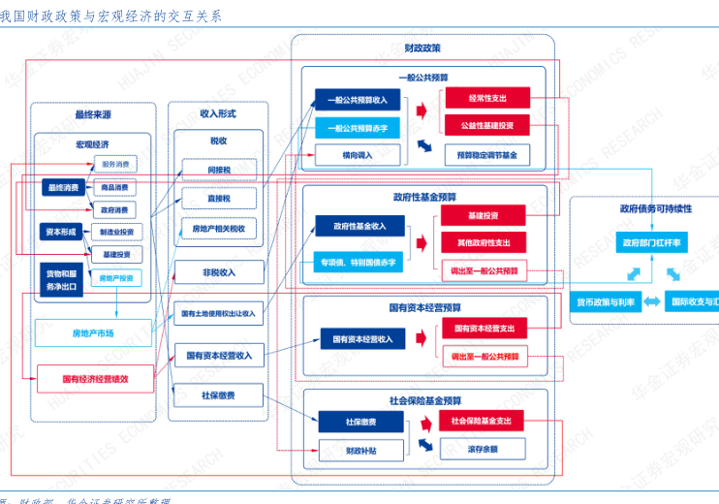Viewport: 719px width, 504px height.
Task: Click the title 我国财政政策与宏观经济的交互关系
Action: pyautogui.click(x=110, y=16)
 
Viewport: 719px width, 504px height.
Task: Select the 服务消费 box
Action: pyautogui.click(x=115, y=165)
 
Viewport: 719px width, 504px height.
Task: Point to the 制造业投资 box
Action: pyautogui.click(x=115, y=232)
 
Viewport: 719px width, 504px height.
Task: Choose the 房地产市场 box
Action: pyautogui.click(x=93, y=332)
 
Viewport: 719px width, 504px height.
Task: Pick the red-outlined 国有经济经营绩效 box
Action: pyautogui.click(x=95, y=378)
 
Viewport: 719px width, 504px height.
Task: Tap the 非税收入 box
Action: pyautogui.click(x=219, y=272)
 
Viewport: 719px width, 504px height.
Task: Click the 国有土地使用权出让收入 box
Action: pyautogui.click(x=219, y=314)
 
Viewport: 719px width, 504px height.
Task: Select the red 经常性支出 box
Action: pyautogui.click(x=486, y=98)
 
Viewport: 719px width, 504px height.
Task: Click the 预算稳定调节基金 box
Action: pyautogui.click(x=486, y=154)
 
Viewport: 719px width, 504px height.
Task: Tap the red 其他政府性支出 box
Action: pyautogui.click(x=483, y=242)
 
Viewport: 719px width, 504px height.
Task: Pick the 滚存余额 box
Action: pyautogui.click(x=483, y=449)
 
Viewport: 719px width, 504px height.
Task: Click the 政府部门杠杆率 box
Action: pyautogui.click(x=650, y=243)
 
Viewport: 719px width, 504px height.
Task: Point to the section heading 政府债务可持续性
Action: pyautogui.click(x=656, y=208)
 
